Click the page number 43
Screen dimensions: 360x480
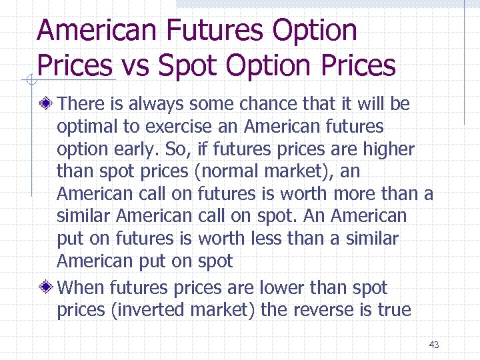click(434, 345)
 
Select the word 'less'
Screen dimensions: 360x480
click(269, 239)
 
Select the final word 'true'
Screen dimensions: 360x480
click(395, 311)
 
